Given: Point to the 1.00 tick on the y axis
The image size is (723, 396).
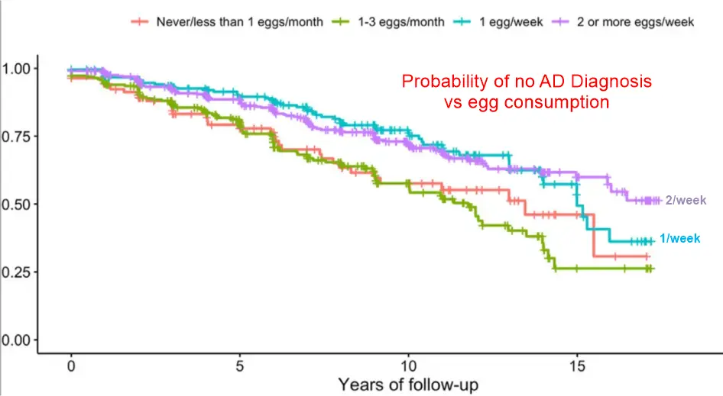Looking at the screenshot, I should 17,69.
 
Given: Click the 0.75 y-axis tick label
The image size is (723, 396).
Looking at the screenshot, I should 17,137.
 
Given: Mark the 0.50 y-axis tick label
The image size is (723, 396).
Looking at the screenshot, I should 17,204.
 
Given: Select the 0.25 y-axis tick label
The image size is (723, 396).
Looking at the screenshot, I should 17,272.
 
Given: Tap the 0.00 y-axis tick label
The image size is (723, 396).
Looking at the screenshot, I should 17,340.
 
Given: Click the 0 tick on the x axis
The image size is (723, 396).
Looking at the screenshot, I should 71,365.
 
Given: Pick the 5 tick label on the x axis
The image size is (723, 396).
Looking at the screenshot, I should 240,365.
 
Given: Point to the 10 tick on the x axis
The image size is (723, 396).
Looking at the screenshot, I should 409,365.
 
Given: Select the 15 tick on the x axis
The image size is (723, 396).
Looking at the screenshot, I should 578,365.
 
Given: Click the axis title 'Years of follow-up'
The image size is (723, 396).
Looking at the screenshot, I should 408,384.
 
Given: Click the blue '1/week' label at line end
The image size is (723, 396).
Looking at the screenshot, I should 679,239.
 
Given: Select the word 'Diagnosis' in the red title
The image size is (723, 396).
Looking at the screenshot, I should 617,82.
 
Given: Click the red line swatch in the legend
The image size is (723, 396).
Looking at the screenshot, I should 140,22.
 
